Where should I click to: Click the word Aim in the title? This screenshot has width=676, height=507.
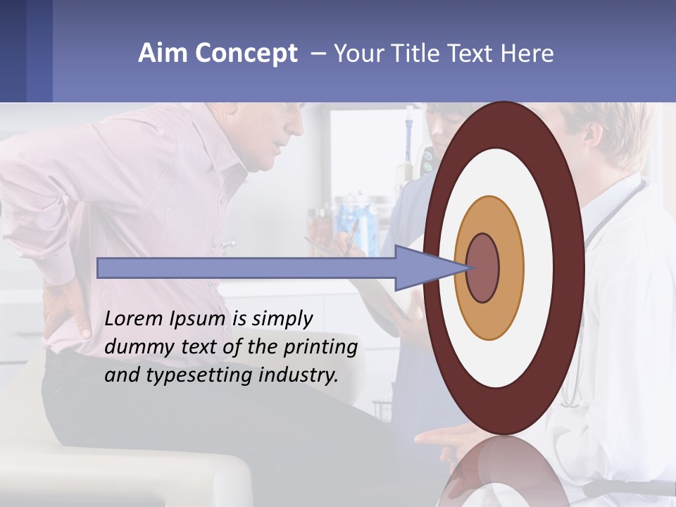pos(163,54)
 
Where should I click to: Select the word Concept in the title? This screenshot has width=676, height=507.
pos(244,54)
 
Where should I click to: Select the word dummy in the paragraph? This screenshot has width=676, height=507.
pos(134,346)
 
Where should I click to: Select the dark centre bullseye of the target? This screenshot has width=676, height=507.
pos(483,268)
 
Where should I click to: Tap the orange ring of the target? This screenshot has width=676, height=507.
pos(510,268)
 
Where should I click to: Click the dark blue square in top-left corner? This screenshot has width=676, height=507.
pos(13,51)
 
